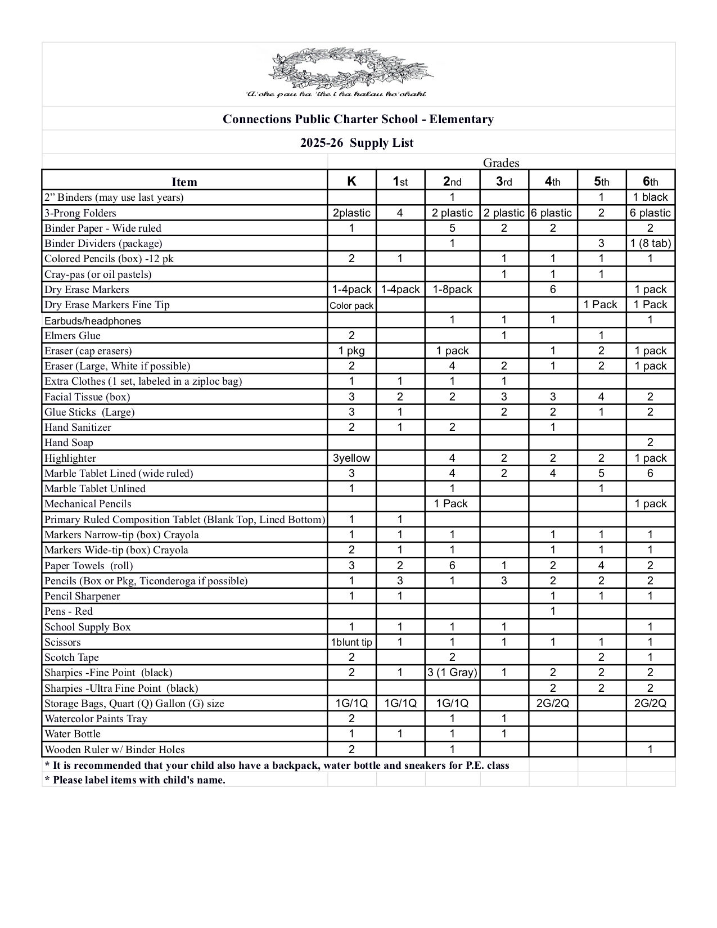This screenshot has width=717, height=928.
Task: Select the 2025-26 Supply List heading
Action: [x=357, y=143]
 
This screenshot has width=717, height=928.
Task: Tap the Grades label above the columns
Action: [x=500, y=163]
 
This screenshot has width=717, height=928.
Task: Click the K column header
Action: [x=351, y=181]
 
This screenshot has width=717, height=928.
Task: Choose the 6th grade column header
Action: [x=650, y=181]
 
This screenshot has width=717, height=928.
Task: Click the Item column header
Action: [x=184, y=182]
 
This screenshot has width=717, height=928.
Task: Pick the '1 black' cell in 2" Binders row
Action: [x=650, y=197]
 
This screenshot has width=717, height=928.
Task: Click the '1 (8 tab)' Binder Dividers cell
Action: [x=650, y=244]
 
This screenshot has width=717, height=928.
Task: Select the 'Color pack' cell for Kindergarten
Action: [x=351, y=305]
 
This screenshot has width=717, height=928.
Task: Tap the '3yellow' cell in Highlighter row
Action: [x=351, y=458]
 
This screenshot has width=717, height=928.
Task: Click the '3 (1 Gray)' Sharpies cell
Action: [x=452, y=673]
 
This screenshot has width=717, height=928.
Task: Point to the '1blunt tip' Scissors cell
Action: [x=351, y=642]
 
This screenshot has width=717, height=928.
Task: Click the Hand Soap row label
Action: [x=69, y=443]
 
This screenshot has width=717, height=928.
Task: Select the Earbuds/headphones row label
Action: [x=93, y=321]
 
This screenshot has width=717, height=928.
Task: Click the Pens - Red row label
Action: [x=69, y=611]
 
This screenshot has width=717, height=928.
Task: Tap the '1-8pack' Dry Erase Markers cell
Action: [x=452, y=290]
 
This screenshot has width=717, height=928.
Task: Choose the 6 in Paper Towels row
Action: [x=452, y=566]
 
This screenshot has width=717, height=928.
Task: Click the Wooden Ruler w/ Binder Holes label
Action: [x=115, y=750]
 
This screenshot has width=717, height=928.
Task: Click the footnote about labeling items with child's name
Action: [x=135, y=780]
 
